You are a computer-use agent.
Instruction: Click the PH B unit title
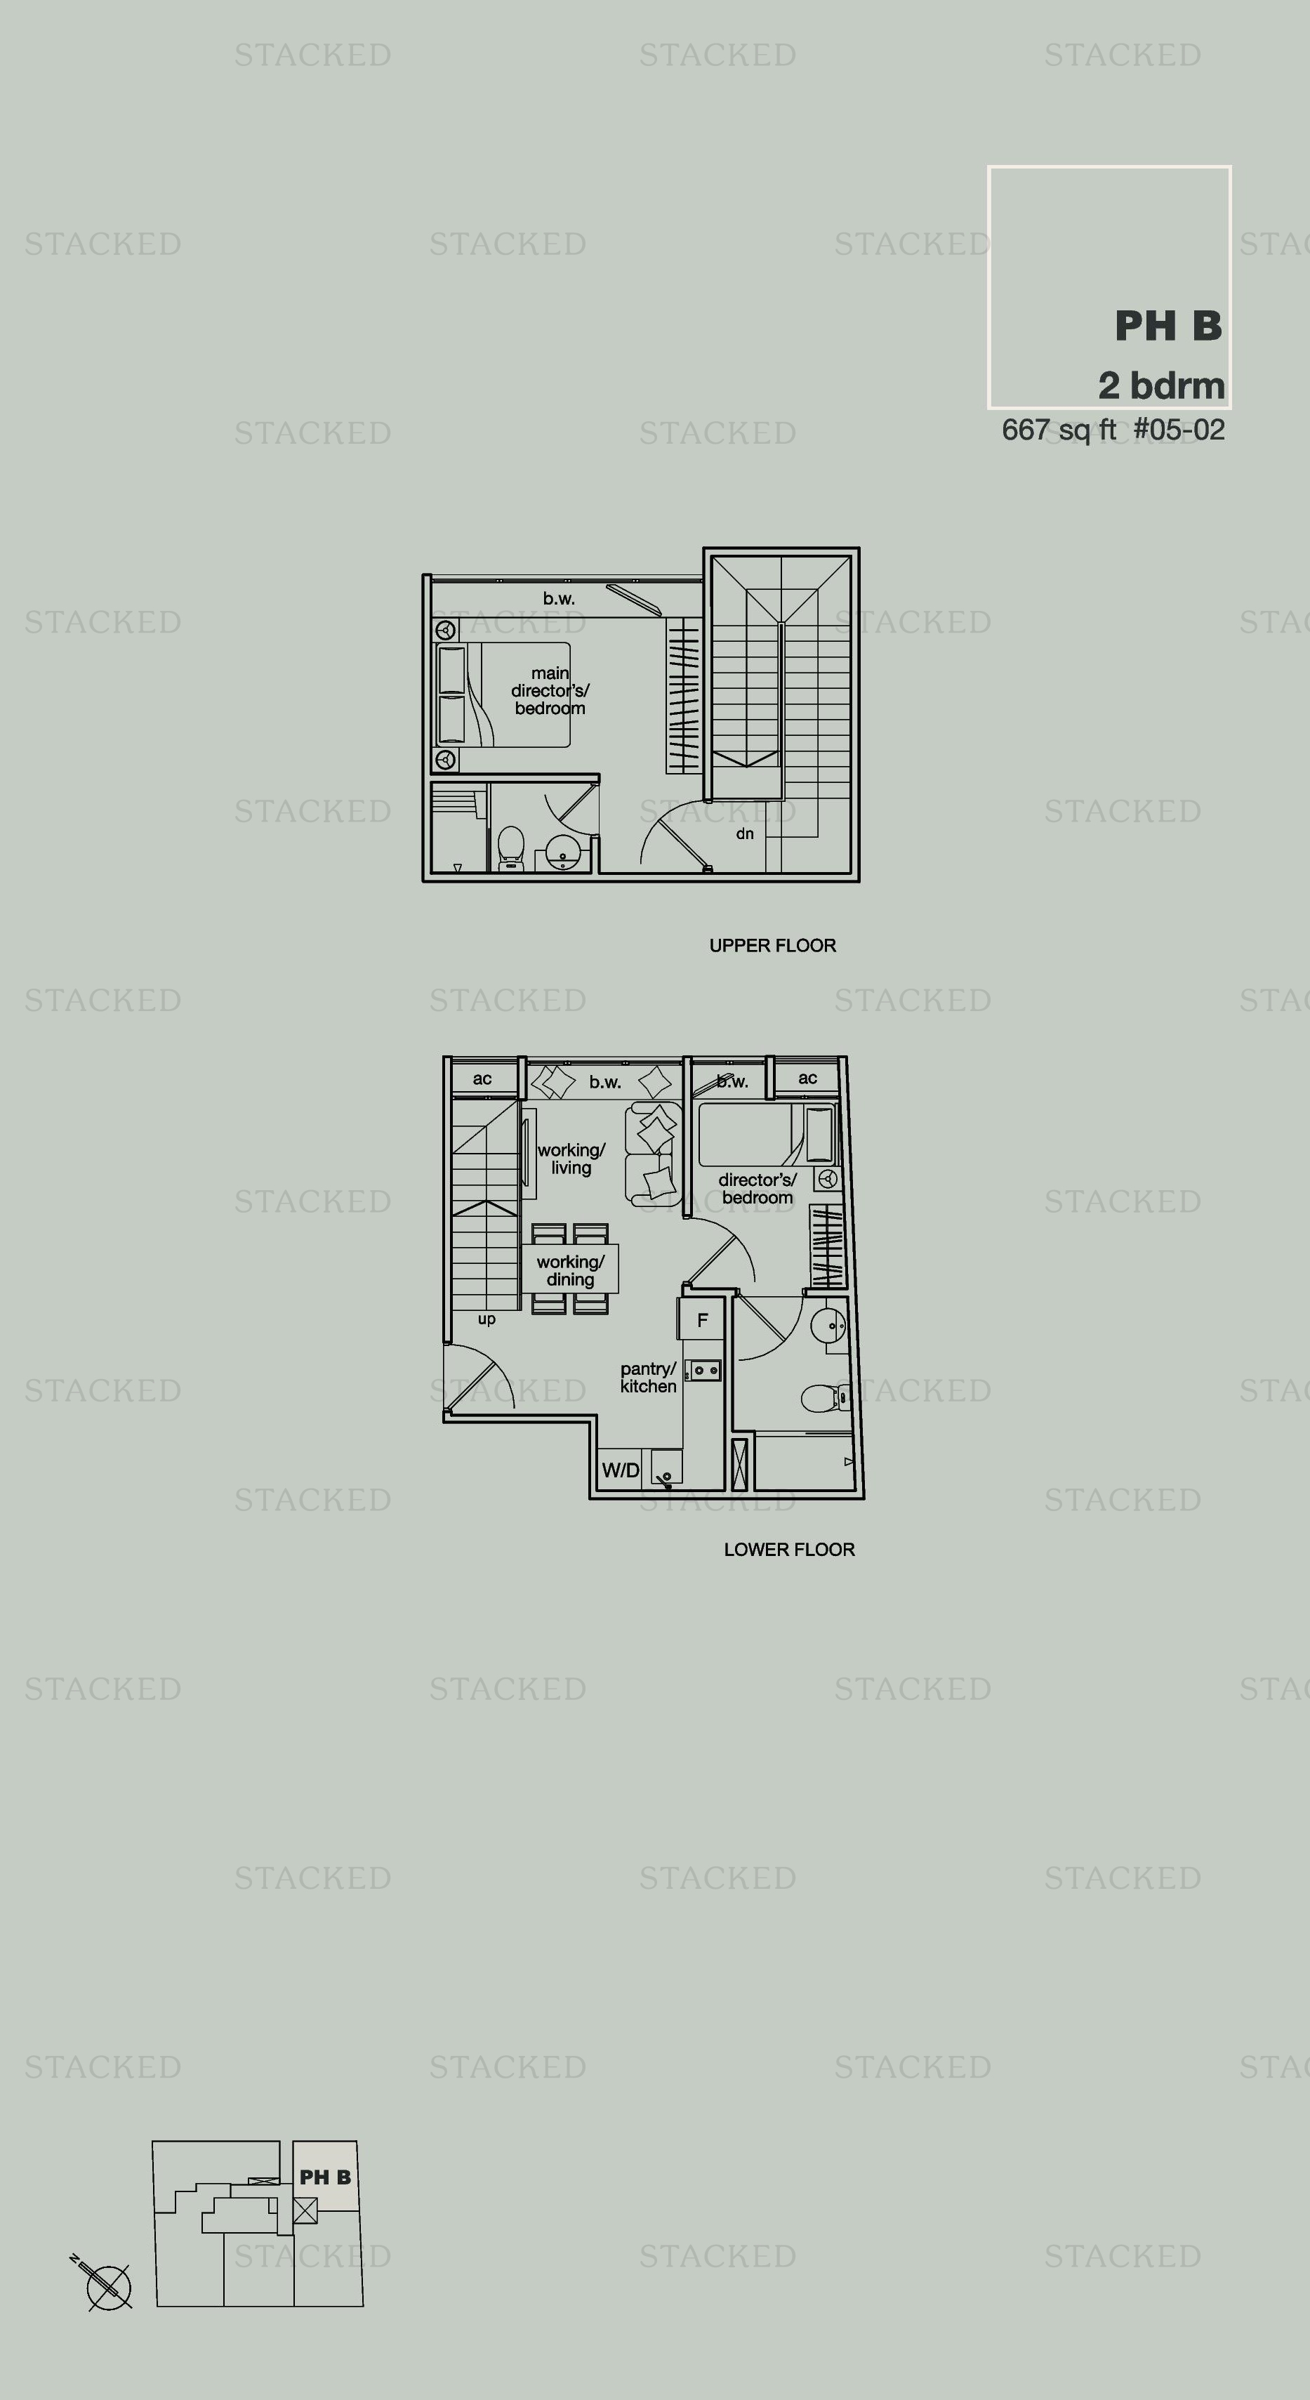[1168, 326]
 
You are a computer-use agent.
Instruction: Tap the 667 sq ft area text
[1059, 430]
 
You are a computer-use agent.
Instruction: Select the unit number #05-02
[1179, 430]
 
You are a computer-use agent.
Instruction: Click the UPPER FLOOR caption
[772, 946]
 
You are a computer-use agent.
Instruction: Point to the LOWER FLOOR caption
[789, 1550]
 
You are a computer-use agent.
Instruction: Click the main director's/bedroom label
[550, 690]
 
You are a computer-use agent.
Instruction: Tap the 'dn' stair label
[744, 834]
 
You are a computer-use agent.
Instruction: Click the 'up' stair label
[487, 1319]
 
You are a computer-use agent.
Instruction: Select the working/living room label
[571, 1159]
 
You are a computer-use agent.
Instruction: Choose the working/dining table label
[570, 1271]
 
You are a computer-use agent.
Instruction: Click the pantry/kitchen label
[649, 1377]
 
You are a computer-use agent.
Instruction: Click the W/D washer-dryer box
[620, 1470]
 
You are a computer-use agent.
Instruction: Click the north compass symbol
[105, 2284]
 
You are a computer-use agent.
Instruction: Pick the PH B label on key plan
[325, 2177]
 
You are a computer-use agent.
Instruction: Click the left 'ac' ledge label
[482, 1079]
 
